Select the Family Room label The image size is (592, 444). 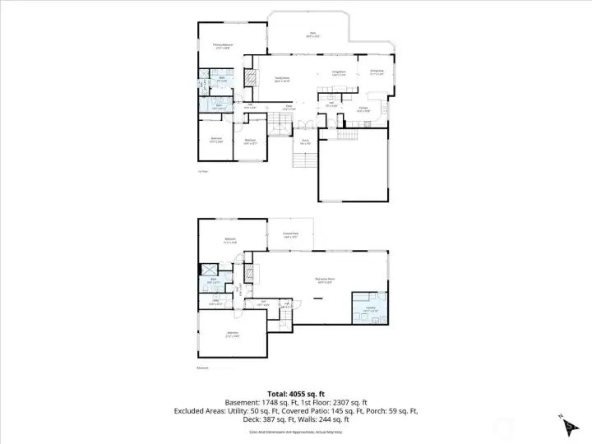(282, 80)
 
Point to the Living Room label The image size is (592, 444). (338, 73)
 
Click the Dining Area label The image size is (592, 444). (377, 72)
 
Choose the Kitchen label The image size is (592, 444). (363, 109)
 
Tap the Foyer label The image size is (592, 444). (289, 107)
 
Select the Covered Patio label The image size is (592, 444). (290, 236)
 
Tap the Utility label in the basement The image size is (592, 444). (215, 302)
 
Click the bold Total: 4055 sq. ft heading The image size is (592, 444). (295, 392)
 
